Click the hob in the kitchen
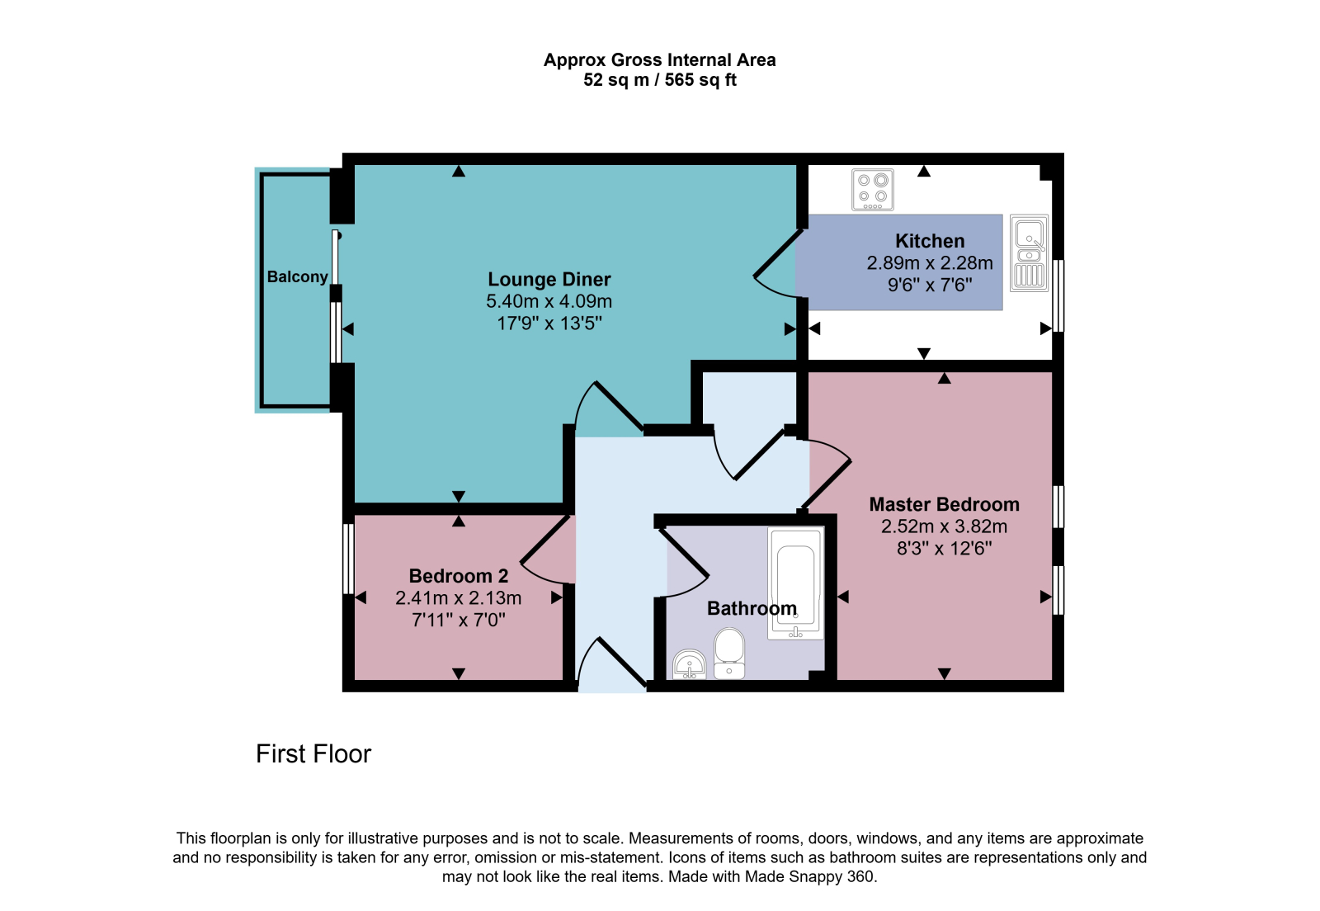click(873, 190)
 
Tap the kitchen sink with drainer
click(1030, 253)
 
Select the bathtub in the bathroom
click(795, 583)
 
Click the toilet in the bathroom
click(729, 654)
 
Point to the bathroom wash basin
click(690, 665)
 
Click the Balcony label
click(298, 277)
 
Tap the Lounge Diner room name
click(549, 279)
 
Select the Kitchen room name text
click(930, 241)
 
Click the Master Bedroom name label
click(944, 504)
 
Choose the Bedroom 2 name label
click(459, 576)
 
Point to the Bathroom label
click(752, 608)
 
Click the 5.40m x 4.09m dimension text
click(549, 301)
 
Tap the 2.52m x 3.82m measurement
click(944, 526)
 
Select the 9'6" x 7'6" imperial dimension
click(930, 286)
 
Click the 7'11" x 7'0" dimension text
click(459, 620)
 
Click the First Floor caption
click(313, 754)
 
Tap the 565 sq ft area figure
click(700, 79)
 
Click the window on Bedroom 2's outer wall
click(349, 559)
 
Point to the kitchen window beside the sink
click(1058, 295)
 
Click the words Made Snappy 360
click(809, 877)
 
